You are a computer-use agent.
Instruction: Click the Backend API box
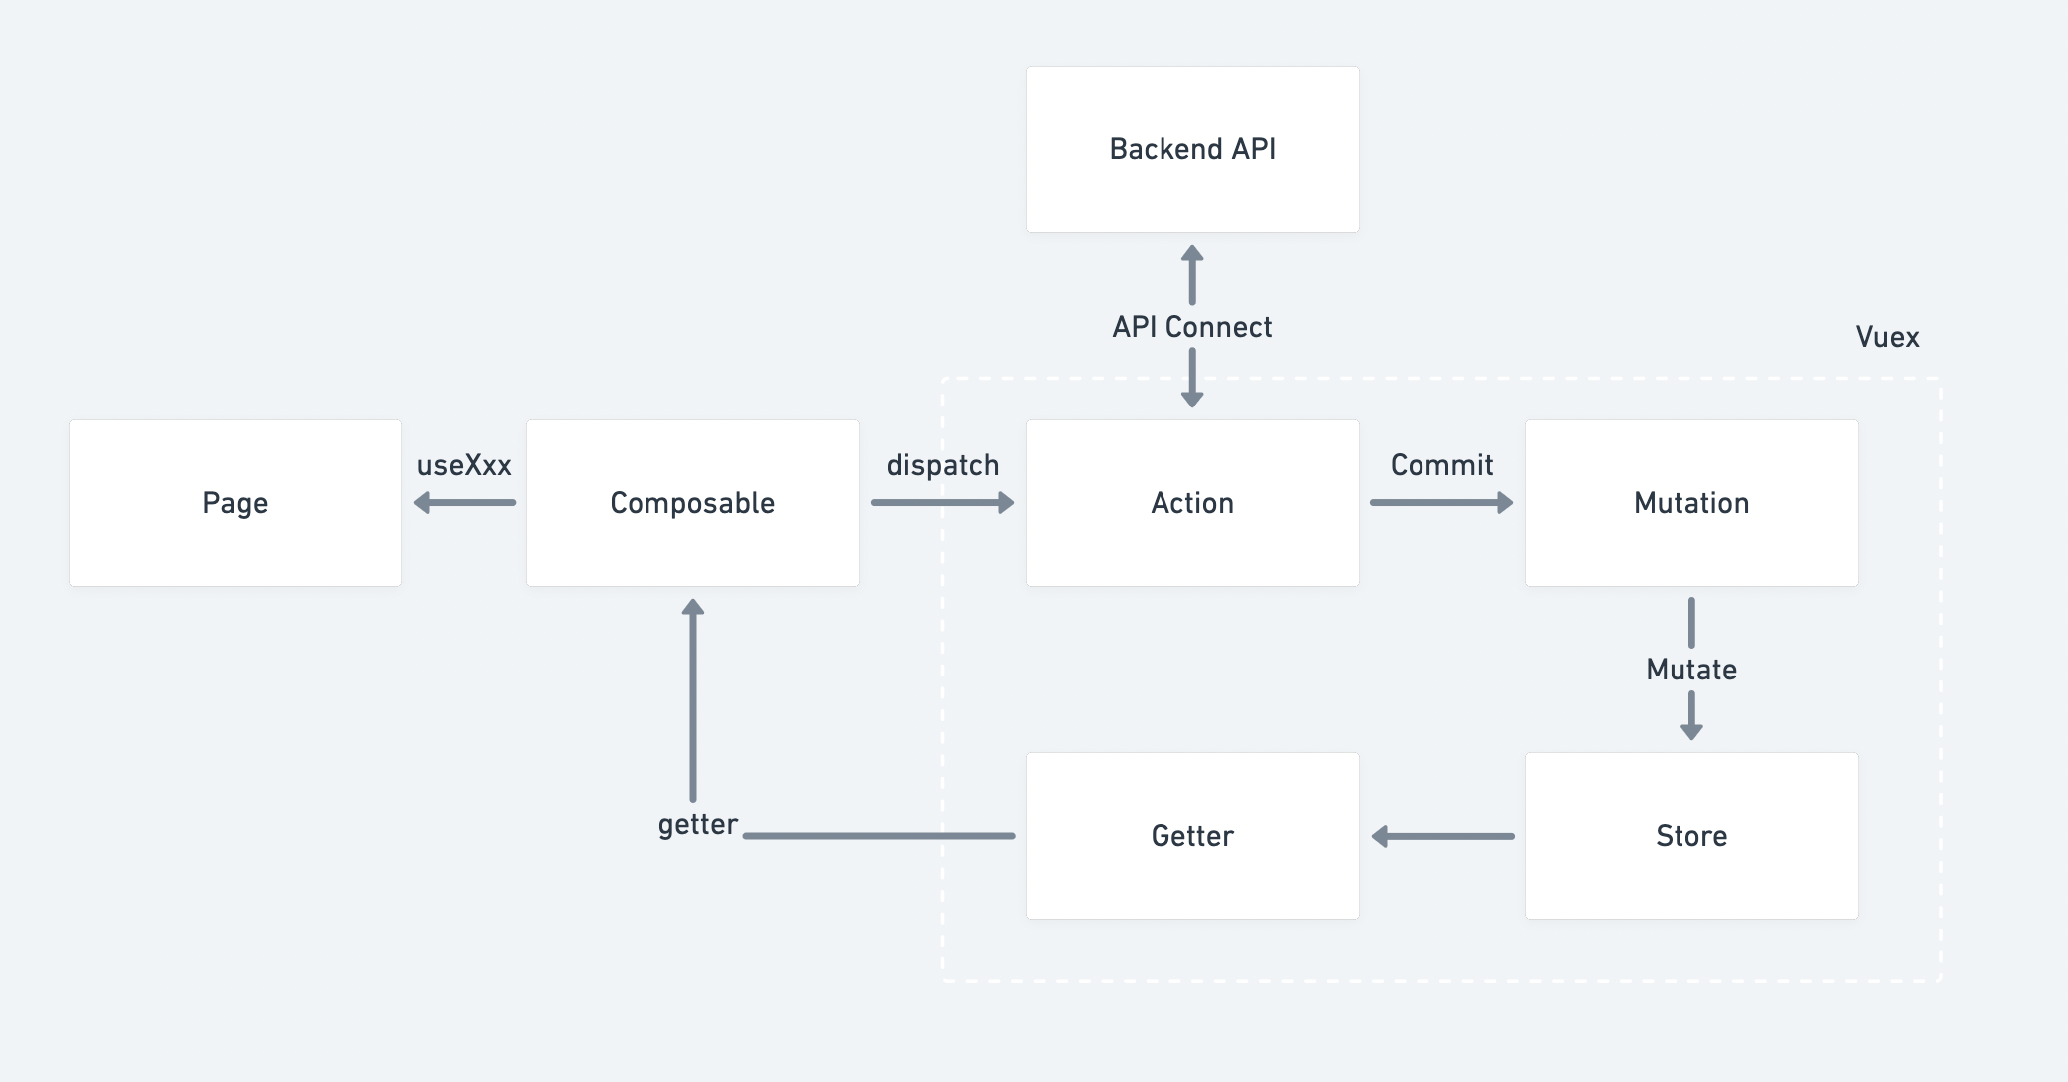(x=1192, y=149)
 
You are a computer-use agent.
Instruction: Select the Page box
(x=235, y=503)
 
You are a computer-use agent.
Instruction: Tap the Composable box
(x=692, y=503)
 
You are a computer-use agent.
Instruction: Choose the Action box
(x=1192, y=503)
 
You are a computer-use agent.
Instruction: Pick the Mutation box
(x=1691, y=503)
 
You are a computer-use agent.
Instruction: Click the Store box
(x=1691, y=836)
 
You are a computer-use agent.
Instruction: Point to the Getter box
(x=1192, y=836)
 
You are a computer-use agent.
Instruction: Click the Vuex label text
(x=1887, y=337)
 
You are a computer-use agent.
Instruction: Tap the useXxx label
(x=464, y=465)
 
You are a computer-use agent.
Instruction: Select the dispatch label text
(x=942, y=465)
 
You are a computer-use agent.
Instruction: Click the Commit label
(x=1441, y=465)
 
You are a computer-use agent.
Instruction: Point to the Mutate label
(x=1691, y=670)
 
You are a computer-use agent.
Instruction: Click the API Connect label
(x=1192, y=327)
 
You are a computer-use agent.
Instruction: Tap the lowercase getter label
(x=697, y=825)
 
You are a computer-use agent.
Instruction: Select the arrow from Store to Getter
(x=1442, y=836)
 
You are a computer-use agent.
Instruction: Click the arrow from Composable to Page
(x=465, y=503)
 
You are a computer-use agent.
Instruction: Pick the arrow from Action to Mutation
(x=1441, y=503)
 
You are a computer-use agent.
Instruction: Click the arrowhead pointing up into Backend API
(x=1192, y=254)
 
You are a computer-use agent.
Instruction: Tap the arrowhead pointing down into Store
(x=1691, y=731)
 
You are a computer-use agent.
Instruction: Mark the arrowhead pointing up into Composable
(x=693, y=607)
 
